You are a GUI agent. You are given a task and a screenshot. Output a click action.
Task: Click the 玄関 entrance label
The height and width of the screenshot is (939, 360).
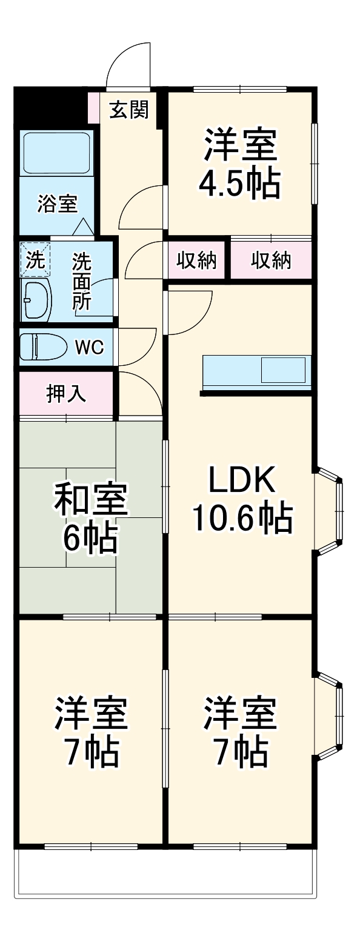128,110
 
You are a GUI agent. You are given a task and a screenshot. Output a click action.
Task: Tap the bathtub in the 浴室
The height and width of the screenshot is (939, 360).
56,153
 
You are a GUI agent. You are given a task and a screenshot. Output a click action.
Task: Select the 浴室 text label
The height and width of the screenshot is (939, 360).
57,204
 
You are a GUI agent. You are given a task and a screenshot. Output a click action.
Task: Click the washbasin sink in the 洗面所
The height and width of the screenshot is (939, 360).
36,299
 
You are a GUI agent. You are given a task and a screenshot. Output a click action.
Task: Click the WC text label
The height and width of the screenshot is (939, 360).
90,347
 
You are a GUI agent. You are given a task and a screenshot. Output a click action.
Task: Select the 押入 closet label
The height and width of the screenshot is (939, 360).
66,394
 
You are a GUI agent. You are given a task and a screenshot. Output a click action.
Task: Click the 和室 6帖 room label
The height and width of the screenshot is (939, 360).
91,518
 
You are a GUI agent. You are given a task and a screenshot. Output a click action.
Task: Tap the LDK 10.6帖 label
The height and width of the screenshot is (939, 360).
242,498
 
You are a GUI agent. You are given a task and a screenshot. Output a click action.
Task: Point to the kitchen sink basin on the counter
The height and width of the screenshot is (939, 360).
283,370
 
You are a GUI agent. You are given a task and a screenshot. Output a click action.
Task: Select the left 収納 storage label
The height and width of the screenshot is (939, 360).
197,260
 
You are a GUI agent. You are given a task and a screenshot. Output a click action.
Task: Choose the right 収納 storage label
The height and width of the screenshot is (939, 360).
271,260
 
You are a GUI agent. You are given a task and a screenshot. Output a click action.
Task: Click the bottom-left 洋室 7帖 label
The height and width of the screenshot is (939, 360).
92,732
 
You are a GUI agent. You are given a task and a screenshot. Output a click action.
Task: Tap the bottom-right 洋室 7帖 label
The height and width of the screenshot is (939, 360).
240,732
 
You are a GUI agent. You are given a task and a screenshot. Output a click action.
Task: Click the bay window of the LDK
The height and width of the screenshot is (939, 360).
330,510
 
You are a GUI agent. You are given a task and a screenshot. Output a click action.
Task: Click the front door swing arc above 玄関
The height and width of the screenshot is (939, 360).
128,64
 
